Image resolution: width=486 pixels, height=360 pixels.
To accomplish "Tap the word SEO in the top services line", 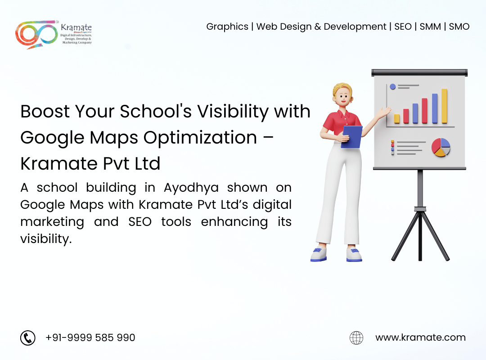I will coord(403,27).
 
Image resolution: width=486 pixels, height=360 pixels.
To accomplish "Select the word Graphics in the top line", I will coord(227,27).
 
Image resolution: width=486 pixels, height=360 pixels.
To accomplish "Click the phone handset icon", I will coord(28,337).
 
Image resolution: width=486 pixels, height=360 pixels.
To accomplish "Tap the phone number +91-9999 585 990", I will coord(90,337).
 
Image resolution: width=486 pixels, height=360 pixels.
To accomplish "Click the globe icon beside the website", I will coord(356,337).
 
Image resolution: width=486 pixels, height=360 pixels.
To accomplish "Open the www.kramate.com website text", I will coord(420,337).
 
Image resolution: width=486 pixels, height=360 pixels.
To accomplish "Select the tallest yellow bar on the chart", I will coord(444,106).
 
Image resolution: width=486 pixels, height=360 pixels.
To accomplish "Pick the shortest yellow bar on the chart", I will coord(397,118).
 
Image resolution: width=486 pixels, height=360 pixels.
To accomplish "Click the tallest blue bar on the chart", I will coord(435,108).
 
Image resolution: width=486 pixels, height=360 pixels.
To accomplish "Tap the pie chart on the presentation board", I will coord(441,148).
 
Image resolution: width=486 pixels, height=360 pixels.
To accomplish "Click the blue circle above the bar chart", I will coord(392,86).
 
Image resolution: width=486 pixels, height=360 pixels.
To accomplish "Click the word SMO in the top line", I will coord(459,27).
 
